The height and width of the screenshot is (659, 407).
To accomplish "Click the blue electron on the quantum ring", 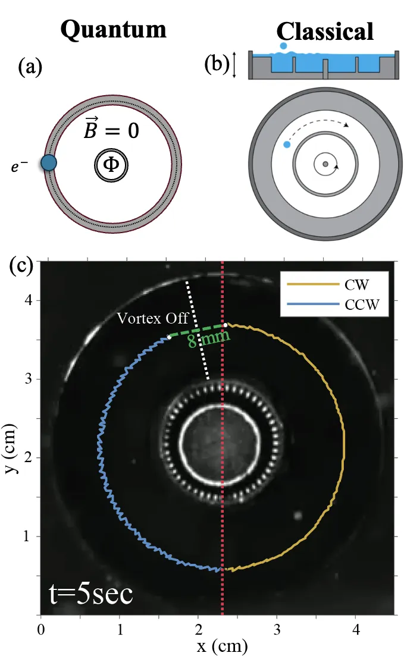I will (48, 162).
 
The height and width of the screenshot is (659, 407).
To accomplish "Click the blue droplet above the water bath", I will (283, 45).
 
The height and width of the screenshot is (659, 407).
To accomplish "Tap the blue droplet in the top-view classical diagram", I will (287, 145).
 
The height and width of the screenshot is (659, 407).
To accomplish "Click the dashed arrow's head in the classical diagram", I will (346, 125).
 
